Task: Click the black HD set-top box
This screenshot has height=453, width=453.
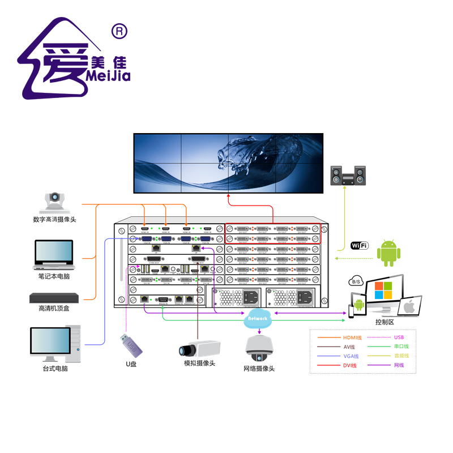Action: tap(54, 298)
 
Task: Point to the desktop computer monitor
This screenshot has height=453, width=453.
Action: tap(52, 343)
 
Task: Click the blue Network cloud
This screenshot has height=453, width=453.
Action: tap(257, 319)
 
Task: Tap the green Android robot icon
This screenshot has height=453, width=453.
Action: tap(388, 253)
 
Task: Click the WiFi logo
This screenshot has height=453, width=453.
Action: tap(360, 245)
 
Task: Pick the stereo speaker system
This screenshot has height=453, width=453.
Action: tap(348, 176)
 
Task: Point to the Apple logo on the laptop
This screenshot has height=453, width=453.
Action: tap(409, 307)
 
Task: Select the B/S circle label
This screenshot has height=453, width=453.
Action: tap(356, 281)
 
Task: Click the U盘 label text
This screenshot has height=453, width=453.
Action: tap(131, 364)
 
